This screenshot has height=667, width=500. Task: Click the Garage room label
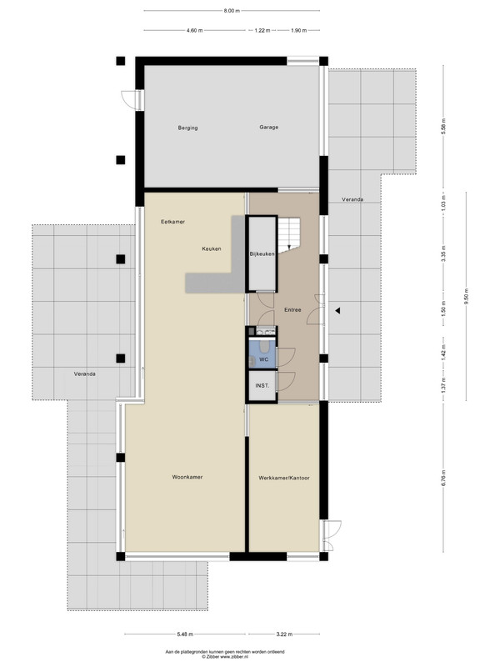(x=268, y=127)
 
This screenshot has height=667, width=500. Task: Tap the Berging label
(x=187, y=128)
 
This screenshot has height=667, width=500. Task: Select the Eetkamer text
(x=172, y=222)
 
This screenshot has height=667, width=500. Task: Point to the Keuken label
(x=212, y=248)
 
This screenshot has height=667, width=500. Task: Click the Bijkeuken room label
(x=262, y=254)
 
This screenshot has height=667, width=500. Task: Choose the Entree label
(x=292, y=309)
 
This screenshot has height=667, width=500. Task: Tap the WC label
(x=263, y=359)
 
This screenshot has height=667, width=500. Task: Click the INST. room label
(x=262, y=386)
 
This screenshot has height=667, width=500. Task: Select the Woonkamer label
(x=187, y=477)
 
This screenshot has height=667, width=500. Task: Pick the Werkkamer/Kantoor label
(x=284, y=478)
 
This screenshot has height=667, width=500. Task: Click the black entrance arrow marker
(x=337, y=311)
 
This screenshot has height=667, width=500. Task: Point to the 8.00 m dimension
(x=232, y=11)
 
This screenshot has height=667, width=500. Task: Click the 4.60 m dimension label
(x=194, y=30)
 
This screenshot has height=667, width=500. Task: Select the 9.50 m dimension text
(x=467, y=297)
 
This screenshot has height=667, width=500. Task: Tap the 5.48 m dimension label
(x=185, y=634)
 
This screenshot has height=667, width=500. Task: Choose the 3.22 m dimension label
(x=284, y=634)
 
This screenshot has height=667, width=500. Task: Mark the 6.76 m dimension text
(x=444, y=478)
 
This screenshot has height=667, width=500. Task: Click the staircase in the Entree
(x=289, y=233)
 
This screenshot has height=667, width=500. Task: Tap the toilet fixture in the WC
(x=264, y=347)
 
